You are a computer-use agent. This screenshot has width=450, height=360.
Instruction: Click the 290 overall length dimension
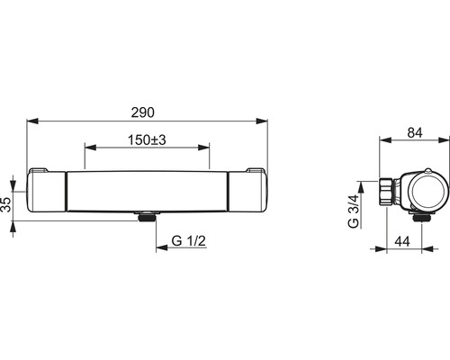143,112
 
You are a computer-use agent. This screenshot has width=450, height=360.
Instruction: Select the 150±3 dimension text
147,140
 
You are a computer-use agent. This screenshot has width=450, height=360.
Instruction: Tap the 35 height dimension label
6,204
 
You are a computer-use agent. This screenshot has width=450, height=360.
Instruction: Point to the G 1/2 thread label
189,240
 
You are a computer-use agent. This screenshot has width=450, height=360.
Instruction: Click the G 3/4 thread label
353,211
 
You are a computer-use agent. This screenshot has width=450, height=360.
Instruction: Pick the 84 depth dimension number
415,132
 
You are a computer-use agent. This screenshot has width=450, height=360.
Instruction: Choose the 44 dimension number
402,241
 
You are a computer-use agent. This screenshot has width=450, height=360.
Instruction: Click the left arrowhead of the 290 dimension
32,121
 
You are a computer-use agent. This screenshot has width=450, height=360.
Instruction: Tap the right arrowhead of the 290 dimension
261,121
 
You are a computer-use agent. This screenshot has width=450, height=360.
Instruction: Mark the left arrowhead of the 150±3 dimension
91,147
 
